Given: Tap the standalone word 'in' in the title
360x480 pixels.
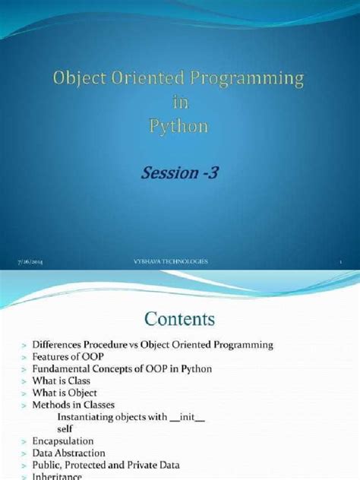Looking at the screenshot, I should click(x=179, y=102).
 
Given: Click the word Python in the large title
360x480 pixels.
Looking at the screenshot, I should click(x=179, y=125).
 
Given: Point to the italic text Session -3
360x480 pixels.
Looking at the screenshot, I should click(x=179, y=174).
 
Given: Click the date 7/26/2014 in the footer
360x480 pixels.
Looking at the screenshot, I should click(x=30, y=261).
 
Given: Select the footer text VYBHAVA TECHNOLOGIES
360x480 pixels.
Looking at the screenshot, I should click(x=170, y=261).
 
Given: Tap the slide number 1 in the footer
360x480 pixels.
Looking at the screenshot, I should click(x=341, y=261).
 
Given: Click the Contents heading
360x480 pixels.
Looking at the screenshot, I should click(x=179, y=316).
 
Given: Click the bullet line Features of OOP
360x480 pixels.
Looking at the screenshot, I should click(x=68, y=357).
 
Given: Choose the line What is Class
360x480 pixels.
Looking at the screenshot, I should click(x=62, y=381).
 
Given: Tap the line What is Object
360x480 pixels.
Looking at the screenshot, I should click(x=65, y=393).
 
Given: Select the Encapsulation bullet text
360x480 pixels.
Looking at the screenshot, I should click(x=63, y=441).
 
